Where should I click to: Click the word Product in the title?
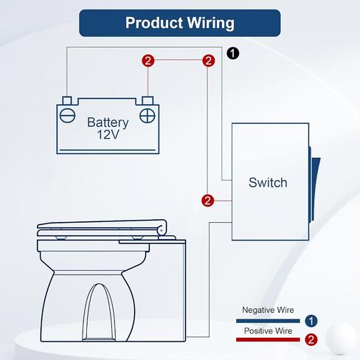point(154,23)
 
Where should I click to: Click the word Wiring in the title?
point(210,24)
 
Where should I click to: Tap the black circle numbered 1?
point(232,53)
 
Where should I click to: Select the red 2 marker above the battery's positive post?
point(148,60)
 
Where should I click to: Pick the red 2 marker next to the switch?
point(207,201)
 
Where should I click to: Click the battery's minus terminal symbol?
point(67,116)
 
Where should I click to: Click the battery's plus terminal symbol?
point(148,116)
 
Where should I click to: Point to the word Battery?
point(108,122)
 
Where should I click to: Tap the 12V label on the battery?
point(108,134)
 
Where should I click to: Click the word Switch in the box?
point(268,182)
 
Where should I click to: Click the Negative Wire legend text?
point(268,310)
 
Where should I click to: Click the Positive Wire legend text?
point(268,330)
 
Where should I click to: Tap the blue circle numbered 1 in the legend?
point(311,321)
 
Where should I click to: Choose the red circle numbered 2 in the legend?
point(311,339)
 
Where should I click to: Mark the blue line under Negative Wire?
point(268,321)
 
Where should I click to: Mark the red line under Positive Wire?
point(268,339)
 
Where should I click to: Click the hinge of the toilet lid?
point(162,230)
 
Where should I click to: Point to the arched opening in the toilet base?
point(99,312)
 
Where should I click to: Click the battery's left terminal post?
point(67,100)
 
